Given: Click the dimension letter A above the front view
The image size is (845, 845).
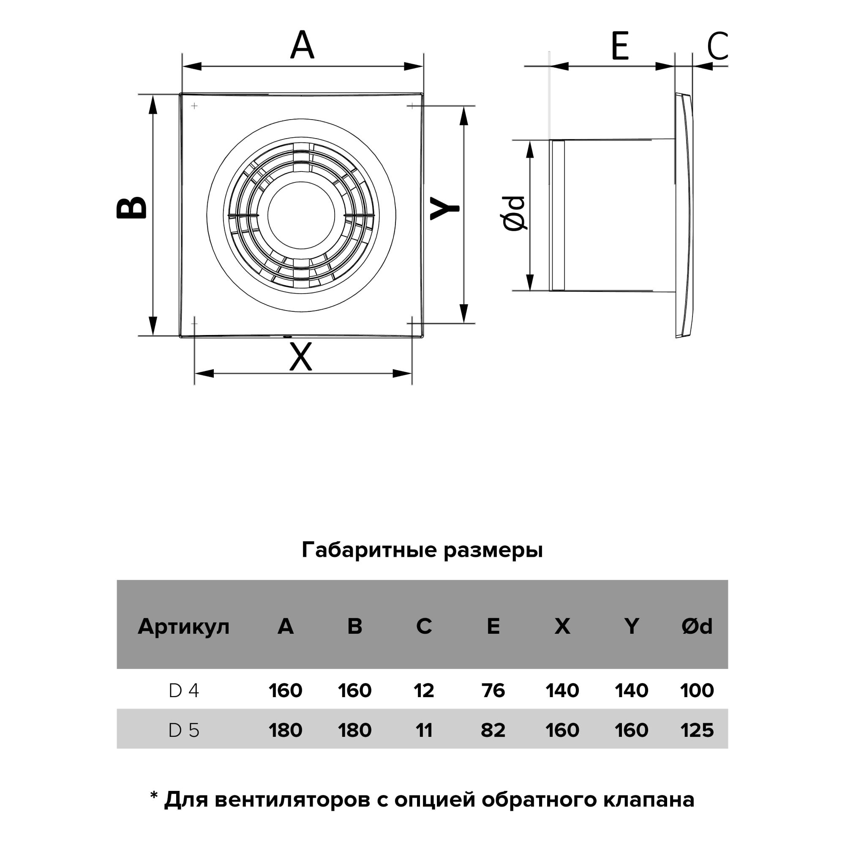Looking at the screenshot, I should coord(302,45).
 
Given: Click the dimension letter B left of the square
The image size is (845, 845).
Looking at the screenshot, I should coord(131,207).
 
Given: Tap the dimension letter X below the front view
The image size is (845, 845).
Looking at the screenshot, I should coord(301,357).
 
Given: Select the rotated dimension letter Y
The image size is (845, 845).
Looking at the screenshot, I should coord(445,208).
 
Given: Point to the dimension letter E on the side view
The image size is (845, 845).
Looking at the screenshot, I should coord(620,46).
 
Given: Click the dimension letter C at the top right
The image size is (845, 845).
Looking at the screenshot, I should coord(717,46).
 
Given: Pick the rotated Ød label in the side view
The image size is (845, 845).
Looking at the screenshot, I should coord(513,213).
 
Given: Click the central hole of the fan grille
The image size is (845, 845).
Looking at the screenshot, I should coord(301,215).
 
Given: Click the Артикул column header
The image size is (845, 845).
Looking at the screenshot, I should coord(184,627).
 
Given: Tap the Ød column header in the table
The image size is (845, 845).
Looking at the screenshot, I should coord(697,626).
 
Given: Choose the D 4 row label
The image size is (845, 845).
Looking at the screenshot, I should coord(184,691).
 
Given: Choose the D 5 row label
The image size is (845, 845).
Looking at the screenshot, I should coord(184,730).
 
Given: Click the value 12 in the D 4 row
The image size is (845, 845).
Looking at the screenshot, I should coord(424,691).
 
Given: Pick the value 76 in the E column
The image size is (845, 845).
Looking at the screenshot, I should coord(493,691).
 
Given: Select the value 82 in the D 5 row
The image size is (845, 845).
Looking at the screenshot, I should coord(493,730).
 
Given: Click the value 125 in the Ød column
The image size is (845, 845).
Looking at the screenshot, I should coord(697,730).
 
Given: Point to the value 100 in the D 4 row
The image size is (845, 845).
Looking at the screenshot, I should coord(697,691).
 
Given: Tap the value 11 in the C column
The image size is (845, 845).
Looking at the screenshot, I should coord(424,730).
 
